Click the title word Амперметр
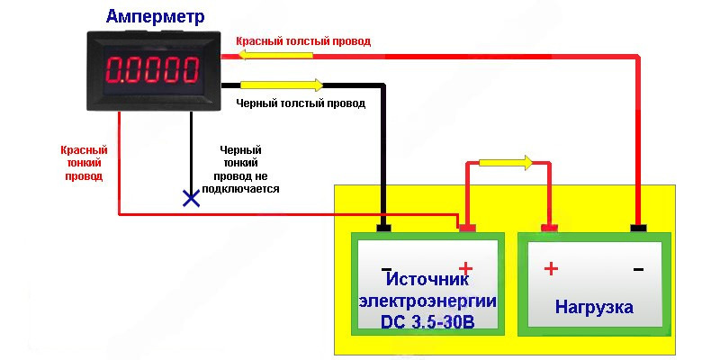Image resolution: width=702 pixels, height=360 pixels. (x=155, y=17)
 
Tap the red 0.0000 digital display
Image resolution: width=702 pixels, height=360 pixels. (x=153, y=68)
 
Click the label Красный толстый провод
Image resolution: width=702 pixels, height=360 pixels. (x=302, y=41)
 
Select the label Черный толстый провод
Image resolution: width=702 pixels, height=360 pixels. (x=301, y=103)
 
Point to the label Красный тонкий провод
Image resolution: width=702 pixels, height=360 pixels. (x=84, y=164)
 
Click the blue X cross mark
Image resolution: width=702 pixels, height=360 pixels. (x=191, y=197)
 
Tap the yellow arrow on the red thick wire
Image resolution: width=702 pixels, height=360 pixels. (x=276, y=55)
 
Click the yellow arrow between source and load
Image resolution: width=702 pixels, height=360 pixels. (x=505, y=163)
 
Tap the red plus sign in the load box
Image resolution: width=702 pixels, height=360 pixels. (x=551, y=268)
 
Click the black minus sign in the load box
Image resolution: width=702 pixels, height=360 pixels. (x=637, y=268)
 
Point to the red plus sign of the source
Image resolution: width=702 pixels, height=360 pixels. (x=465, y=267)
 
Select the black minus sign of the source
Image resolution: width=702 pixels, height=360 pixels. (x=385, y=269)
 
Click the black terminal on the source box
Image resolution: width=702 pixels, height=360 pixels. (x=384, y=229)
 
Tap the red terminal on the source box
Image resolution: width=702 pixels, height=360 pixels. (x=467, y=229)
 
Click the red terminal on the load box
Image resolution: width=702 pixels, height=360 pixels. (x=549, y=229)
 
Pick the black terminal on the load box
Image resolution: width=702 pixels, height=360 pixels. (x=639, y=229)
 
